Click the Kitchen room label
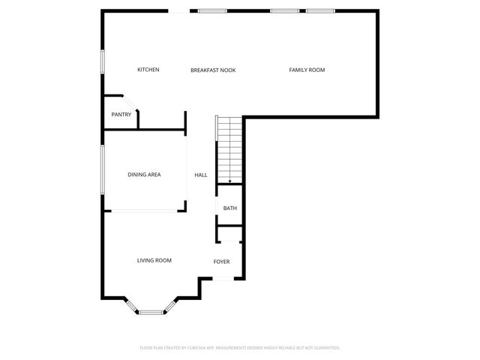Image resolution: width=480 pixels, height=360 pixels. click(x=148, y=70)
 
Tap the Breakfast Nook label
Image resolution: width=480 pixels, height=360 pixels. click(x=213, y=70)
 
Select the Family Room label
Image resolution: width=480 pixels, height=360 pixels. click(x=307, y=70)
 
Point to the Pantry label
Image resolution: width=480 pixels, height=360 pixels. click(x=121, y=115)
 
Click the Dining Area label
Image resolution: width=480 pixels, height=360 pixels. click(x=144, y=175)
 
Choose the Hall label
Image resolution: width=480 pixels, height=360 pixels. click(x=201, y=175)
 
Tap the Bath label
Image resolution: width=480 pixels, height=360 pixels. click(x=229, y=208)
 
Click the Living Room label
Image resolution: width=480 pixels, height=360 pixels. click(x=154, y=260)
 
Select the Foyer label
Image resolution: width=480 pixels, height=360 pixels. click(x=221, y=262)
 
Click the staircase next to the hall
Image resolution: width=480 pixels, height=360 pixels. click(x=229, y=150)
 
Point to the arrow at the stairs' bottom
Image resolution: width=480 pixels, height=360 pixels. click(x=229, y=180)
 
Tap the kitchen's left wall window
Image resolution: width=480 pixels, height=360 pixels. click(x=103, y=62)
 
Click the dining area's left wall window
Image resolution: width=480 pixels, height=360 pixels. click(x=103, y=170)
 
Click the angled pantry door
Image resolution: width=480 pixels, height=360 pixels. click(x=129, y=102)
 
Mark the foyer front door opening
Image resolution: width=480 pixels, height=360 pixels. click(x=223, y=278)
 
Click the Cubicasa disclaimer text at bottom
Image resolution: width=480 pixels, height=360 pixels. click(x=240, y=348)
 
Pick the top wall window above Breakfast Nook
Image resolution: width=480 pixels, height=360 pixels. click(x=212, y=10)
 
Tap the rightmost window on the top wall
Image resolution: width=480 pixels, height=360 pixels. click(x=320, y=10)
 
